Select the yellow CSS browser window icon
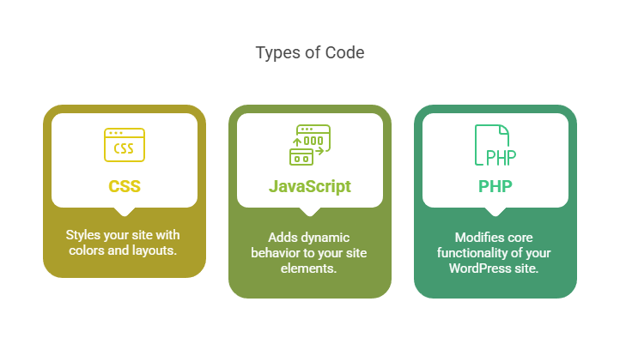pos(125,146)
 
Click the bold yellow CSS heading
pos(125,186)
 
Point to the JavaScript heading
pos(310,186)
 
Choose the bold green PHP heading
pos(495,186)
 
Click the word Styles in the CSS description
pos(85,235)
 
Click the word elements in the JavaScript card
pos(310,268)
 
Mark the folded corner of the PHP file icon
pos(505,130)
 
